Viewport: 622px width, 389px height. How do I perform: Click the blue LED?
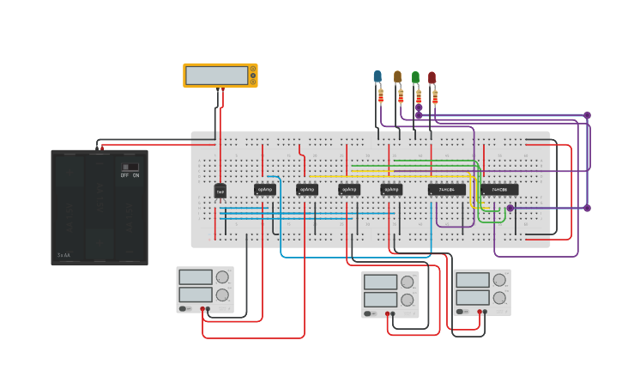377,76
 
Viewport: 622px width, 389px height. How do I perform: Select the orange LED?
397,76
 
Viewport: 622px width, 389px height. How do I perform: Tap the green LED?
415,77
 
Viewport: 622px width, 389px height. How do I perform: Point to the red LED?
432,77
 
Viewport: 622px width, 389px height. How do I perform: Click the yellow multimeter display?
216,76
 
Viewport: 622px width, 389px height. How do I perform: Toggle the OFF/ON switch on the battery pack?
130,167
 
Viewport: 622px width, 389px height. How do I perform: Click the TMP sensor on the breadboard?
220,190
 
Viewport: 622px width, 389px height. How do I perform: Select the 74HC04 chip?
446,190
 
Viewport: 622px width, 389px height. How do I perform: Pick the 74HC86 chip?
499,190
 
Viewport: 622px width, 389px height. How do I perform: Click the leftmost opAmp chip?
265,190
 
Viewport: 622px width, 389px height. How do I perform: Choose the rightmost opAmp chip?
391,190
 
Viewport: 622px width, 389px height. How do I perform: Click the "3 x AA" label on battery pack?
64,255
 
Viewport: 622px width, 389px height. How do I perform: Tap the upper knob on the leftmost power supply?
222,277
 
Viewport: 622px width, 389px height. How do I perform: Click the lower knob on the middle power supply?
407,301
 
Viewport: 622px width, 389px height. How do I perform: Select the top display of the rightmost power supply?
472,280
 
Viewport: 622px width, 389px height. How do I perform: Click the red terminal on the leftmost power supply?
203,308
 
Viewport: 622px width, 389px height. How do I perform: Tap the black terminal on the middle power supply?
394,313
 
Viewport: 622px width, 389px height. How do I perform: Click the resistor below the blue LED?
380,95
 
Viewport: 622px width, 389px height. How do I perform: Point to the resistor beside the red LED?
435,96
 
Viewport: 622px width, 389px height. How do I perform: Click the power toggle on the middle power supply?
369,313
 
